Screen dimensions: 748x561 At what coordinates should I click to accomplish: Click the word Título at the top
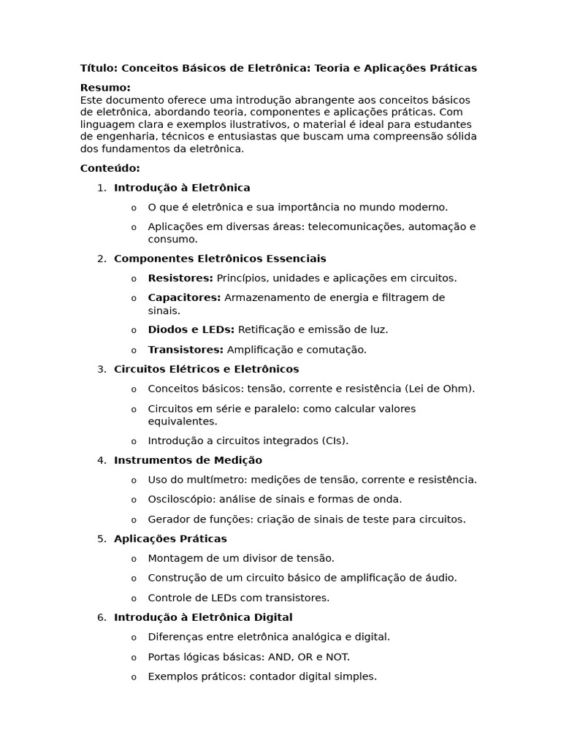pyautogui.click(x=99, y=68)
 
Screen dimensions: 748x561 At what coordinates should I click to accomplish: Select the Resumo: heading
pyautogui.click(x=105, y=88)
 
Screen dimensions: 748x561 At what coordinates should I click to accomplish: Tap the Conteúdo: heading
pyautogui.click(x=110, y=168)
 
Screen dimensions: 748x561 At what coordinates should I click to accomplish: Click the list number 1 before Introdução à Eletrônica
pyautogui.click(x=101, y=188)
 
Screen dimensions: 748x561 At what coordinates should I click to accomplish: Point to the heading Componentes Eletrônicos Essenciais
pyautogui.click(x=220, y=259)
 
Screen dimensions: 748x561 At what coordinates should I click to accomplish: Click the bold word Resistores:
pyautogui.click(x=180, y=278)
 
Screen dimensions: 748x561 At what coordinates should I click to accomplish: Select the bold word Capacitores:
pyautogui.click(x=184, y=297)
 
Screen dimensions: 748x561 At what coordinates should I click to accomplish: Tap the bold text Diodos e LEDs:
pyautogui.click(x=191, y=329)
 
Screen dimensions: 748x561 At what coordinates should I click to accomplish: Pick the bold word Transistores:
pyautogui.click(x=186, y=350)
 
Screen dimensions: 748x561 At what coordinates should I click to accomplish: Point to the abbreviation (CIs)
pyautogui.click(x=335, y=441)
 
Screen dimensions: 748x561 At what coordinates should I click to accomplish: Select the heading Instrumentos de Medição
pyautogui.click(x=188, y=460)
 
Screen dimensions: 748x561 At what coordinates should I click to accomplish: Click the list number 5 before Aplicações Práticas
pyautogui.click(x=101, y=539)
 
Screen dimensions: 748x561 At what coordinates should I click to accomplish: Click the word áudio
pyautogui.click(x=441, y=578)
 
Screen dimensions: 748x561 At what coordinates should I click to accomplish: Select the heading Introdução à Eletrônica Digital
pyautogui.click(x=203, y=617)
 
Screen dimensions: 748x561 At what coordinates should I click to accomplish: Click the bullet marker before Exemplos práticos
pyautogui.click(x=134, y=677)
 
